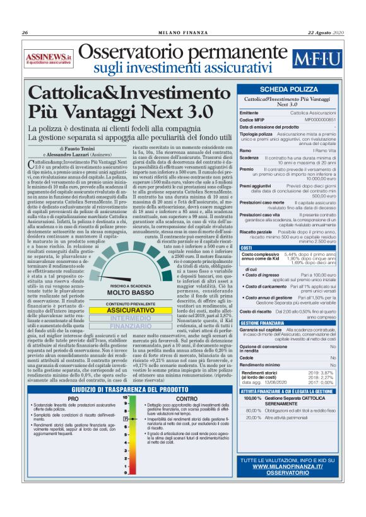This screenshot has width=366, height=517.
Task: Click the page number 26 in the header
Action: pos(24,33)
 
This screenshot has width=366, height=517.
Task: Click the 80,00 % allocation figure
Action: pos(252,410)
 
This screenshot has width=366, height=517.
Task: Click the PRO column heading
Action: pos(73,399)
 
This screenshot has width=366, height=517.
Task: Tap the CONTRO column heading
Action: pos(186,399)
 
